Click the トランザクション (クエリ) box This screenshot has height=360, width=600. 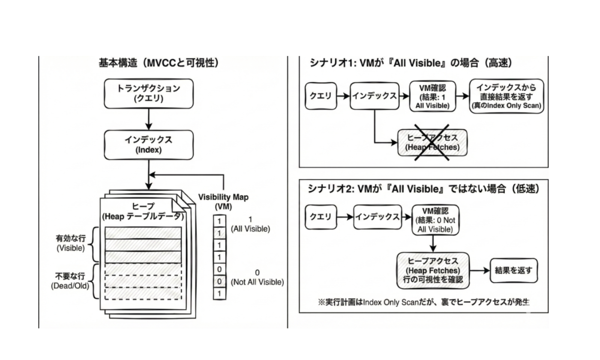click(149, 93)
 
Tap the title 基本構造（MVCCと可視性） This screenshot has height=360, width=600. click(159, 63)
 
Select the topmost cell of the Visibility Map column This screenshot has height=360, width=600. click(219, 221)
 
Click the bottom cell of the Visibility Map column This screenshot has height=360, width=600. click(219, 294)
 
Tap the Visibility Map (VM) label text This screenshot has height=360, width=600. click(223, 201)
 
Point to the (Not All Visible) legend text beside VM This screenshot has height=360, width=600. click(257, 282)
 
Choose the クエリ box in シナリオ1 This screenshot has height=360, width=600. click(321, 96)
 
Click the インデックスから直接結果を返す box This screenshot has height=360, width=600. click(506, 96)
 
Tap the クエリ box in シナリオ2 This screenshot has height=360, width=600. click(321, 217)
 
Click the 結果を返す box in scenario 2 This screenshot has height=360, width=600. click(513, 270)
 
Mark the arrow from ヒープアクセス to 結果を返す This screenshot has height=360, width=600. click(479, 270)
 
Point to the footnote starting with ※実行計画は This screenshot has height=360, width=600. click(423, 302)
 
